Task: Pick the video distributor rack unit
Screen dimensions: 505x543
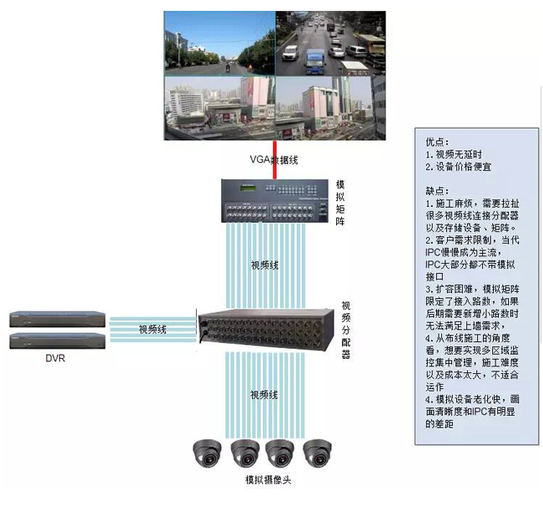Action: tap(267, 329)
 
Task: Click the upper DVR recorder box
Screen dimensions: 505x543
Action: tap(58, 319)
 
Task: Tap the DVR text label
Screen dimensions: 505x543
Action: tap(56, 359)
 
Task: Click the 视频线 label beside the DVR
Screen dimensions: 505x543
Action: tap(153, 330)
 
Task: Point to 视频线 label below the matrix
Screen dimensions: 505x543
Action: tap(264, 265)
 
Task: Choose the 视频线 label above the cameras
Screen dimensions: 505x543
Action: tap(264, 393)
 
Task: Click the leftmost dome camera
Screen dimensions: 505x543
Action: tap(206, 453)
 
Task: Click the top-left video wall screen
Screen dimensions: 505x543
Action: tap(219, 44)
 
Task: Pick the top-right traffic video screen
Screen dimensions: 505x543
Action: tap(330, 44)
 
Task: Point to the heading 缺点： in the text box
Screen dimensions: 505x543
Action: tap(436, 190)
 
